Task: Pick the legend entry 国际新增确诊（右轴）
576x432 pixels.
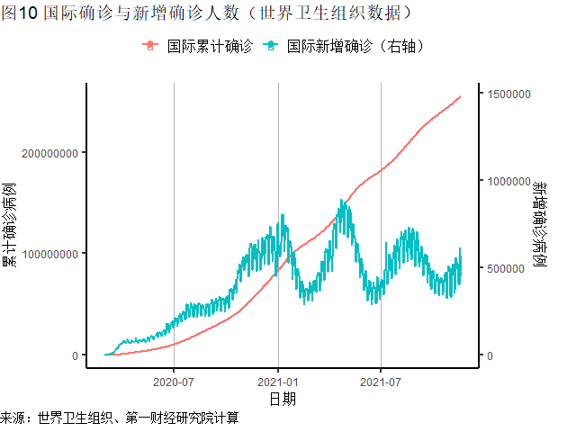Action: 355,45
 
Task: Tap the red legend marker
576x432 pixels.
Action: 149,45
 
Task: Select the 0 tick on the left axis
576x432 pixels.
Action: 75,355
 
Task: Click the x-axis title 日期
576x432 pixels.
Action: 283,398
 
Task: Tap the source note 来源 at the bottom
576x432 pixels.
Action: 120,418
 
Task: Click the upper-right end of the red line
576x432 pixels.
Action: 461,96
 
